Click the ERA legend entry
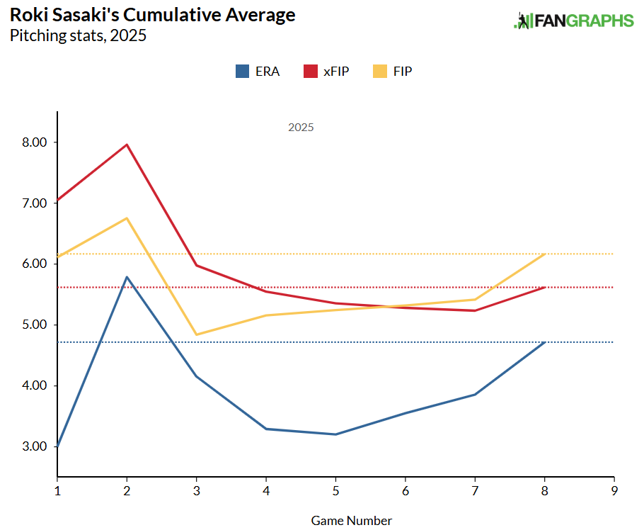(258, 71)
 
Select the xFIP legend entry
(326, 71)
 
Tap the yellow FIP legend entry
(393, 71)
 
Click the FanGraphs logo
(573, 21)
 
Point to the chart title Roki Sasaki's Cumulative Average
(152, 15)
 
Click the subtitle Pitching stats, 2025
(78, 35)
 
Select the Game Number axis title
(351, 521)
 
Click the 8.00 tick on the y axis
(33, 142)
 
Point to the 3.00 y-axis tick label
(33, 446)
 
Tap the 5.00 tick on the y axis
(33, 325)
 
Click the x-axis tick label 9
(614, 490)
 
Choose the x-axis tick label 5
(335, 490)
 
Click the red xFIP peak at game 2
(127, 145)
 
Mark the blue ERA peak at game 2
(127, 277)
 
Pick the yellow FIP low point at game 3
(196, 334)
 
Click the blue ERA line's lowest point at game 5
(335, 434)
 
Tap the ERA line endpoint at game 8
(544, 342)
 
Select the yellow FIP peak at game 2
(127, 218)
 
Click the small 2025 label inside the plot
(301, 128)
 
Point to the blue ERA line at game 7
(475, 395)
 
